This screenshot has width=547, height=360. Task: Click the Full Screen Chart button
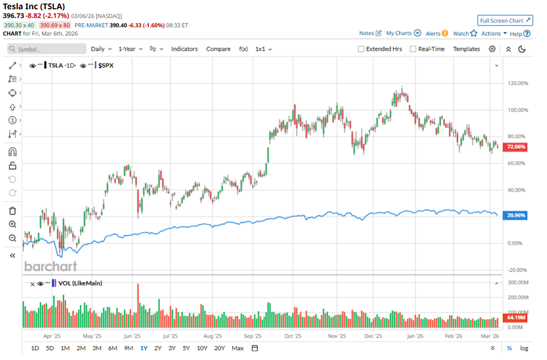(505, 20)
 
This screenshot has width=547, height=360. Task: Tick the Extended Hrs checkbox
(362, 49)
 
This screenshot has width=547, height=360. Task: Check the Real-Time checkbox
(413, 49)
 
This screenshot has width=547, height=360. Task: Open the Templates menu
(466, 49)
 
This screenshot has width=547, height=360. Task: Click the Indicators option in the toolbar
(184, 49)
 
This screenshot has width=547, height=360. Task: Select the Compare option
(218, 49)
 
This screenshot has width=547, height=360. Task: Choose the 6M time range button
(112, 348)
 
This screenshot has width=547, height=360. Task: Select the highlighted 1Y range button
(143, 348)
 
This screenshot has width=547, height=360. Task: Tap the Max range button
(237, 348)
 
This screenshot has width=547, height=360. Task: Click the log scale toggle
(524, 348)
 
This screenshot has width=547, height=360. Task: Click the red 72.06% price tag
(517, 147)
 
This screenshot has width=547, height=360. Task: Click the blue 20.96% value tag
(517, 215)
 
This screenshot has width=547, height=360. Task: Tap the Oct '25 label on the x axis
(293, 336)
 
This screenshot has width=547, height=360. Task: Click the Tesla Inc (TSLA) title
(35, 7)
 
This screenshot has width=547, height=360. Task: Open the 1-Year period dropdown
(130, 49)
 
